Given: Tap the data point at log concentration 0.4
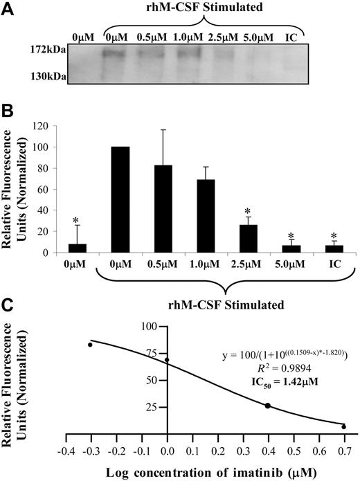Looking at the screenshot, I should click(x=267, y=406).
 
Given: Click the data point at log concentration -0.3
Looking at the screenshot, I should click(x=90, y=345).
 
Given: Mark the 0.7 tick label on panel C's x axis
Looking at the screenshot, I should click(x=343, y=449).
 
